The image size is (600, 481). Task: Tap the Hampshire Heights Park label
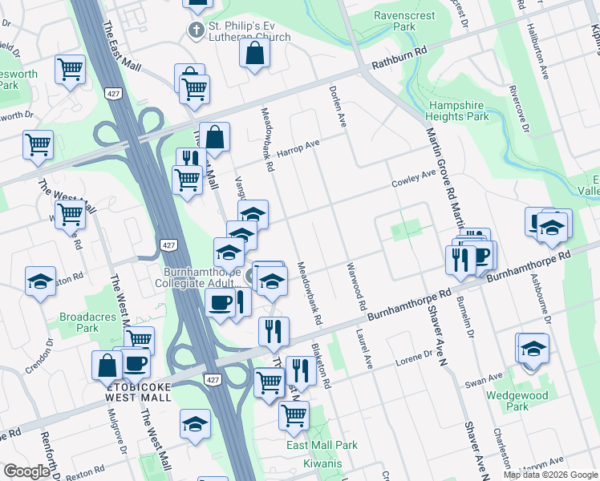458,111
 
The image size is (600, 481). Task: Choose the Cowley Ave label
413,175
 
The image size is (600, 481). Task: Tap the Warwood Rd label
356,286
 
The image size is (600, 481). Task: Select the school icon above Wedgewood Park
533,349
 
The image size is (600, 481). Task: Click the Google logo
26,471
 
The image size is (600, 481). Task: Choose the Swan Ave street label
484,378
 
